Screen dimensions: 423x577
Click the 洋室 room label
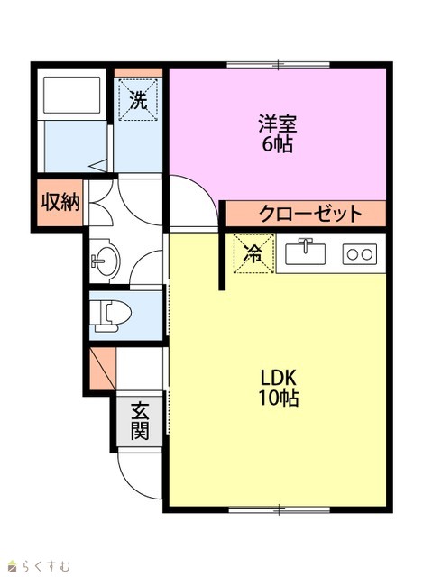pos(277,124)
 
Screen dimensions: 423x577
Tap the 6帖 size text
pos(277,144)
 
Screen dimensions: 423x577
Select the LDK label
pos(279,378)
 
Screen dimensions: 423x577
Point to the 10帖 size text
pos(279,398)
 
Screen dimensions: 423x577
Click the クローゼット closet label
pos(310,213)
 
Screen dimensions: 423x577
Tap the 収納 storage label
pos(60,202)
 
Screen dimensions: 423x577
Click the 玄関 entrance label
pos(140,421)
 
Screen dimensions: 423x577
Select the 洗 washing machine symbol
pos(138,99)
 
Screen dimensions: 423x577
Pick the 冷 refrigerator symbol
pos(254,253)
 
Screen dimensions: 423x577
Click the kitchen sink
pos(306,252)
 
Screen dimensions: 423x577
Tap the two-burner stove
pos(360,254)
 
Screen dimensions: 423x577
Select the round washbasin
pos(105,261)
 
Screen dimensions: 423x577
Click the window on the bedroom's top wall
pos(278,65)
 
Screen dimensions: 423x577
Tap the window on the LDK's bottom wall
pos(279,509)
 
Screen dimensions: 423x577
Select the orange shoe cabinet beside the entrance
pos(103,369)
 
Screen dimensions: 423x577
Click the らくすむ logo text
pos(45,565)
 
